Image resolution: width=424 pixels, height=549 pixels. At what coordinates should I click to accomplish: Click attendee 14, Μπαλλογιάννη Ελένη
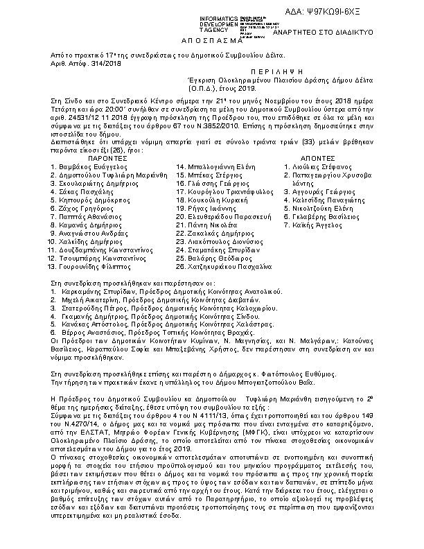tap(214, 167)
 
